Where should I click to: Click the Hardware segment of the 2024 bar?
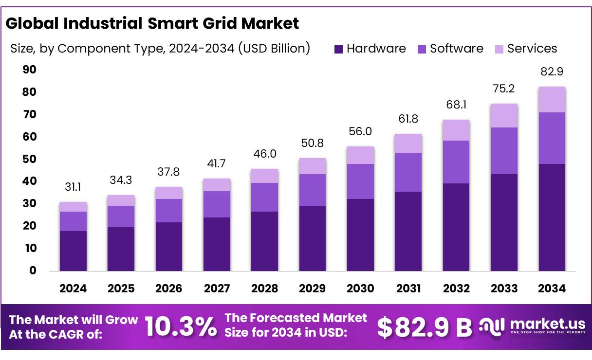click(x=73, y=251)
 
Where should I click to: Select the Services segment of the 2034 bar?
click(x=552, y=100)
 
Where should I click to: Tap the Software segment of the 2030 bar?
click(x=361, y=181)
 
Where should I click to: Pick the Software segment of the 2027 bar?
click(x=217, y=204)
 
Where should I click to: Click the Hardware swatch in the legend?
click(x=339, y=49)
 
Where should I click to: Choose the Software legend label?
click(x=457, y=49)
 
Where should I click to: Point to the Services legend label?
click(x=532, y=49)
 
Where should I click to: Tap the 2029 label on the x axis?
click(x=313, y=288)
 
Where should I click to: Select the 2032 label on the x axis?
click(x=457, y=288)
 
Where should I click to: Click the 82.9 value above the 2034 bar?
click(x=552, y=72)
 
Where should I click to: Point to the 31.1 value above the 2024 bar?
click(x=73, y=187)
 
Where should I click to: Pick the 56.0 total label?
click(x=361, y=132)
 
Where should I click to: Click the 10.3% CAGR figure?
click(x=181, y=327)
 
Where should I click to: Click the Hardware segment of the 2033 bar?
click(x=504, y=222)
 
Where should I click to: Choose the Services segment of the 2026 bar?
click(x=169, y=193)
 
